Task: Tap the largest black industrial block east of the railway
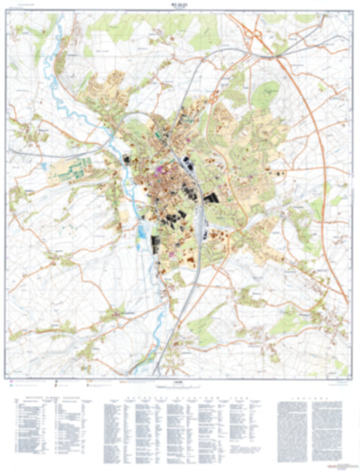(213, 199)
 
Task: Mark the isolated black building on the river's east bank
(128, 159)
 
